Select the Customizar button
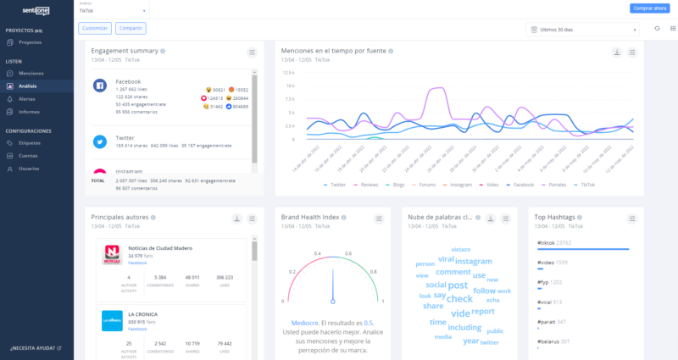coord(94,29)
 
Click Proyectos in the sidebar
coord(30,42)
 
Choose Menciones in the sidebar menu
coord(31,73)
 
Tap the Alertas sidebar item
coord(27,99)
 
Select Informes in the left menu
coord(29,112)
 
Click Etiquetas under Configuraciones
coord(30,143)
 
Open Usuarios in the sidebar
coord(29,169)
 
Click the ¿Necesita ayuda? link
coord(35,348)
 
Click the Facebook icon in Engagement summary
coord(99,86)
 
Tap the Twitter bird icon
coord(99,141)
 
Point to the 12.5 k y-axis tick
coord(290,86)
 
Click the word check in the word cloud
coord(459,298)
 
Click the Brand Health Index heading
coord(310,218)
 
